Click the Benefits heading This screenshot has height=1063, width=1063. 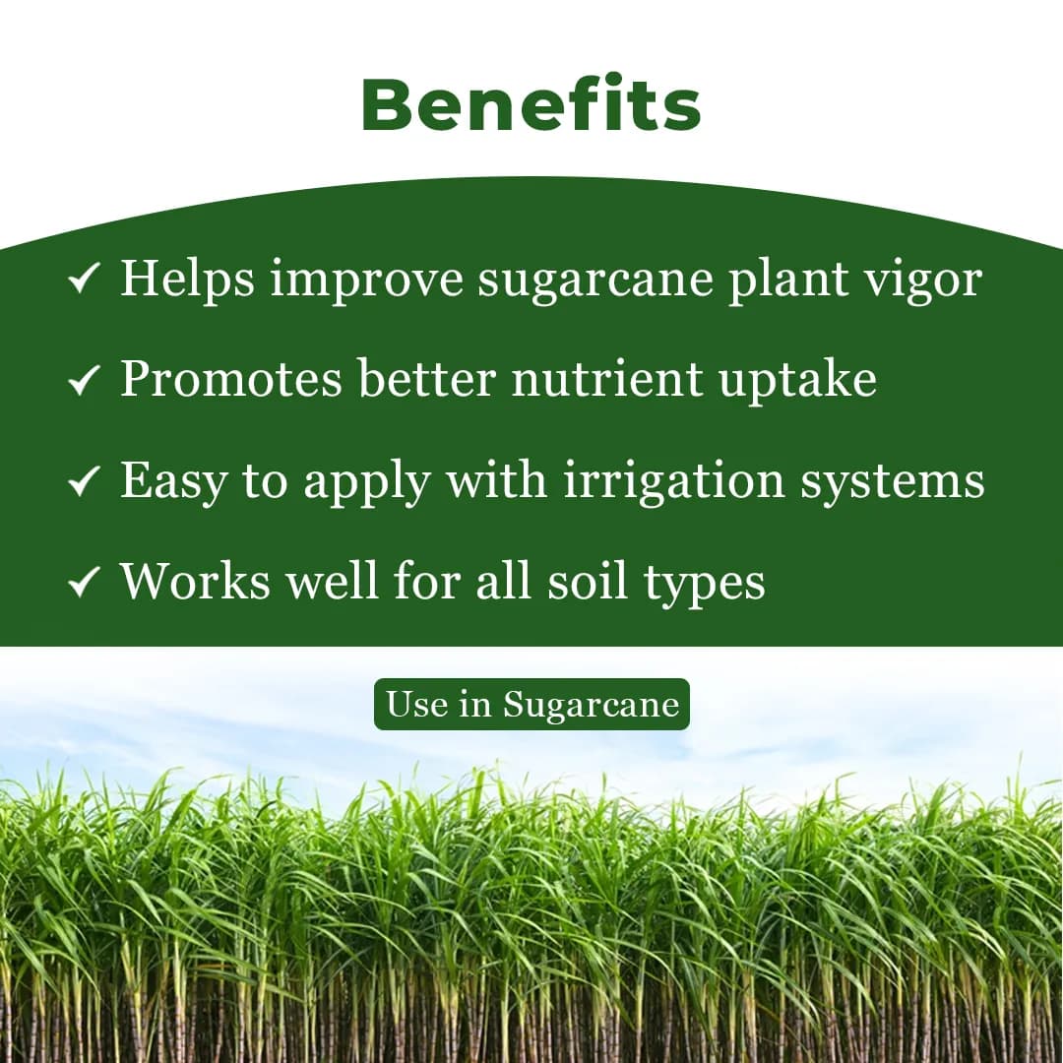click(531, 105)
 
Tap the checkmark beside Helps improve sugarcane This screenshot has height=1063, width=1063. click(84, 281)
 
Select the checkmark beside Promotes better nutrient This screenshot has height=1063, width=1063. click(84, 382)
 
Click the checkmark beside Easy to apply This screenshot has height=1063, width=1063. click(84, 482)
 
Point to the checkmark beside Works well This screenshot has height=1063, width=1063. click(84, 584)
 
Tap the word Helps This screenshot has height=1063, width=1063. click(188, 279)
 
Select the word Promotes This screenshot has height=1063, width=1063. click(231, 379)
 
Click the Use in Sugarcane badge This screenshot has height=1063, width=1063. click(531, 705)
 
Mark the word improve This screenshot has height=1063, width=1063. click(367, 281)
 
